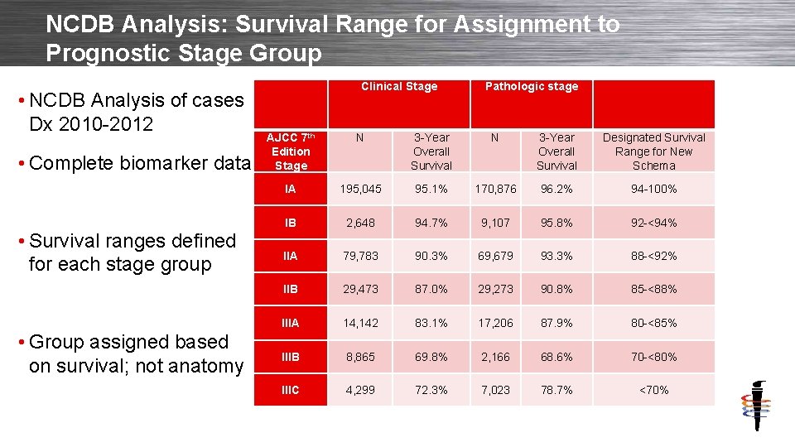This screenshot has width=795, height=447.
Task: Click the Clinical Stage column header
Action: pos(399,86)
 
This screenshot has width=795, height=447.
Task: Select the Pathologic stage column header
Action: pos(531,86)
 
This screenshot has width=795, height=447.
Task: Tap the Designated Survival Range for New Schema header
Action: pos(653,151)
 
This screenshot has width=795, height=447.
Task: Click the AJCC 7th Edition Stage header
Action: pos(291,151)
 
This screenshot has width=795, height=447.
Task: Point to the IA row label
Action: pos(291,189)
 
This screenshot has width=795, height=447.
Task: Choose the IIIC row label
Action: pos(291,390)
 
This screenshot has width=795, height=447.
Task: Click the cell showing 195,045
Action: pos(360,189)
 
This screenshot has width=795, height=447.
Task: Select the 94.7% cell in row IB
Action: pos(431,223)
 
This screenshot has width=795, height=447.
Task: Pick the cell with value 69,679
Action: pos(494,256)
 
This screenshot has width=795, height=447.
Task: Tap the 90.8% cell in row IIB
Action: pos(556,290)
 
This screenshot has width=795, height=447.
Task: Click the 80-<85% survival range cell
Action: pos(653,323)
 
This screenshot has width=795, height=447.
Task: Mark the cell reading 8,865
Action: pos(360,357)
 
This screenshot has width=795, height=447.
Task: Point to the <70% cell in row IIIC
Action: pos(653,390)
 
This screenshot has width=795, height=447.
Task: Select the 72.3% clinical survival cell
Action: pos(431,390)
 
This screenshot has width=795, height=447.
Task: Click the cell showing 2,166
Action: pos(494,357)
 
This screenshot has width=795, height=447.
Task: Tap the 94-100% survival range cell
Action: pos(653,189)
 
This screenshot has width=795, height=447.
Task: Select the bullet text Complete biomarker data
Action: pos(138,162)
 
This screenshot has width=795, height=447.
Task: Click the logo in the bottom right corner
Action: pos(755,406)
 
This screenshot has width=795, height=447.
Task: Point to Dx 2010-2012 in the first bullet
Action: pos(91,124)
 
